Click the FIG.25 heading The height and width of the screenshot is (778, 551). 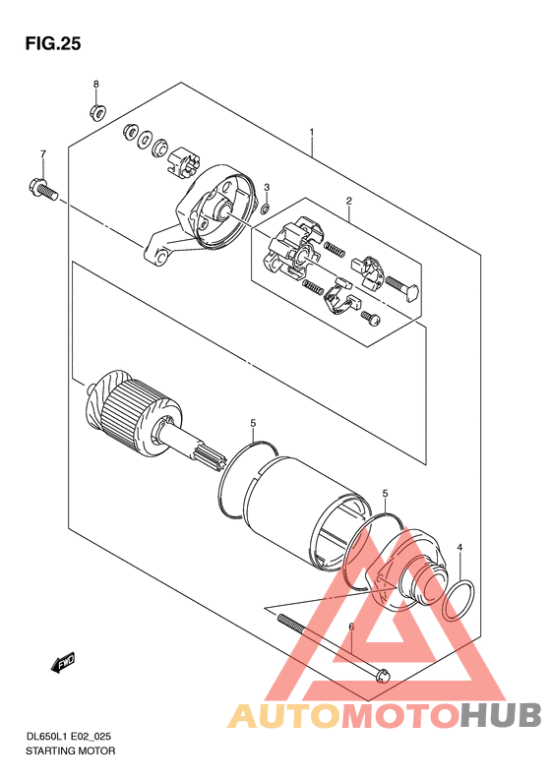[x=52, y=44]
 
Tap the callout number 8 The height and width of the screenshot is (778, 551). [x=95, y=84]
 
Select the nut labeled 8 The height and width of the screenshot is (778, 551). [x=96, y=112]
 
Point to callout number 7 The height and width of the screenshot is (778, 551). [x=42, y=153]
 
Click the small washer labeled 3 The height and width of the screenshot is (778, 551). [x=266, y=207]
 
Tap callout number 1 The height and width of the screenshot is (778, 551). [x=311, y=132]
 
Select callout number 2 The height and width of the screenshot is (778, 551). [x=348, y=201]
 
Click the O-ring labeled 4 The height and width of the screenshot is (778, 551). [x=459, y=600]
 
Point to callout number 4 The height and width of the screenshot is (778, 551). [x=459, y=547]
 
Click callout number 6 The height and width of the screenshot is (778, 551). [x=351, y=628]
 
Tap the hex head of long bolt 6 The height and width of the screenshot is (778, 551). [x=383, y=675]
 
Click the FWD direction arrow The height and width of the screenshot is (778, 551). [x=62, y=662]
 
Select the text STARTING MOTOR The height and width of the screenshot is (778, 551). [x=70, y=750]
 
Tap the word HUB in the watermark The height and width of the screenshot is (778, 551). [x=500, y=714]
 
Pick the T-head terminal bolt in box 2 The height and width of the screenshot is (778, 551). [x=401, y=288]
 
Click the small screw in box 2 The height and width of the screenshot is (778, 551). [x=371, y=317]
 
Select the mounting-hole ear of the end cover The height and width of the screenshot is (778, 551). [x=158, y=252]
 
